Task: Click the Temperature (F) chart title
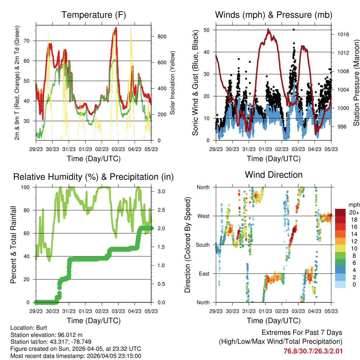click(x=94, y=15)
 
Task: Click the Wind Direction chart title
click(x=274, y=174)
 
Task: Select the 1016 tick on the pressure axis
click(x=340, y=34)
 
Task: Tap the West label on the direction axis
click(x=203, y=216)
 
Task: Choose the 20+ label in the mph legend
click(x=354, y=212)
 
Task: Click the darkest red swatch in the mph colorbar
click(x=340, y=212)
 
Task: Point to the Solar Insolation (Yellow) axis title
click(x=173, y=83)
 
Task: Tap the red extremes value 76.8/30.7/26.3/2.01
click(x=313, y=351)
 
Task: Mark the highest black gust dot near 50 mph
click(x=294, y=30)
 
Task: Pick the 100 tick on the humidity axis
click(x=28, y=187)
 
